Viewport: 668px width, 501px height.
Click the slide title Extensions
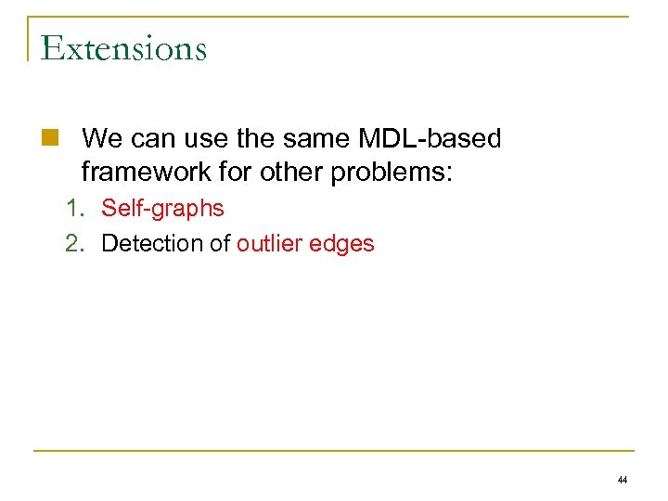pos(123,47)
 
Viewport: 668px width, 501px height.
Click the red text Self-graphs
pos(162,208)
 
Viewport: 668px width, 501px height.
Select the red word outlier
pos(268,243)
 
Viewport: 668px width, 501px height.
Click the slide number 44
pos(622,481)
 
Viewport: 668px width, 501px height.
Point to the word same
pos(324,139)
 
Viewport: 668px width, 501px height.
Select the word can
pos(153,139)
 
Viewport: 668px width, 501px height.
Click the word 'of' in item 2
pos(220,243)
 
